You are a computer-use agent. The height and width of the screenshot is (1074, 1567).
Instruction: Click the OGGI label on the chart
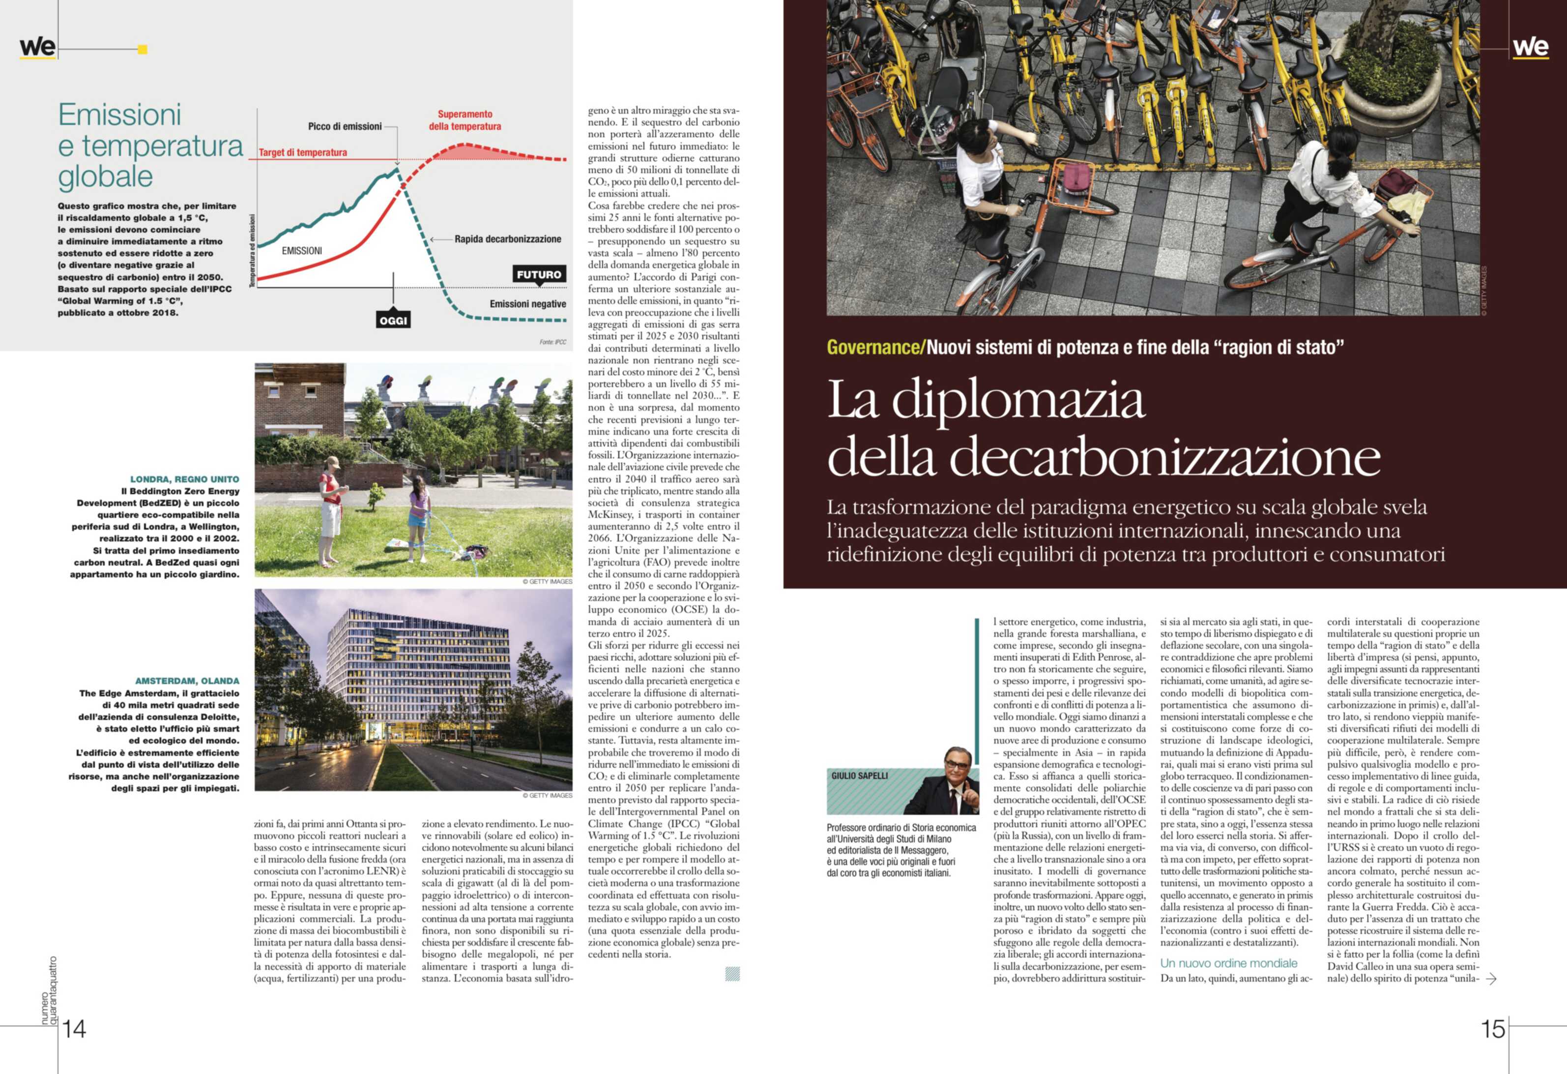pyautogui.click(x=393, y=321)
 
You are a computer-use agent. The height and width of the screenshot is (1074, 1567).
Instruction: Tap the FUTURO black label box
pyautogui.click(x=539, y=274)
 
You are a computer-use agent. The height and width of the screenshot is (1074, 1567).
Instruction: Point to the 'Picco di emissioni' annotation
pyautogui.click(x=345, y=127)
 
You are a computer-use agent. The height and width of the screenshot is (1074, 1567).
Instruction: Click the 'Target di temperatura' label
pyautogui.click(x=303, y=152)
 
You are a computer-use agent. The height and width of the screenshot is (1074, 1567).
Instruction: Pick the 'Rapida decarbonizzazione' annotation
pyautogui.click(x=507, y=239)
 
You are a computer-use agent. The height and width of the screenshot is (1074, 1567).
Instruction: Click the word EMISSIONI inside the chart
pyautogui.click(x=301, y=251)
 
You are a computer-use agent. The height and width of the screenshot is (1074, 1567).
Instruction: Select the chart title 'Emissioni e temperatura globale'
pyautogui.click(x=150, y=145)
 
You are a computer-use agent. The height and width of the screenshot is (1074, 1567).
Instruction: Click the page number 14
pyautogui.click(x=74, y=1029)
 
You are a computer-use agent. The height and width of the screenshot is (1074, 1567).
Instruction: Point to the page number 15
pyautogui.click(x=1493, y=1029)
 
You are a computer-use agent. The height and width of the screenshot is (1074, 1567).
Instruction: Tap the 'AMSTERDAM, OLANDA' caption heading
pyautogui.click(x=187, y=681)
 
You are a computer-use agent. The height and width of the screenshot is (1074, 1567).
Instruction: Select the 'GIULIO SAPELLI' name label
pyautogui.click(x=859, y=776)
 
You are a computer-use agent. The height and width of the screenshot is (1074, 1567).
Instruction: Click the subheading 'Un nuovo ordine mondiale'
pyautogui.click(x=1228, y=963)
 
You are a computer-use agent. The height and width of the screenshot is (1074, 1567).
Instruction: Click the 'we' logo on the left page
pyautogui.click(x=38, y=47)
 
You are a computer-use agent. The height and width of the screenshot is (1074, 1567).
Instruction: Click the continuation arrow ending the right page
pyautogui.click(x=1491, y=979)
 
